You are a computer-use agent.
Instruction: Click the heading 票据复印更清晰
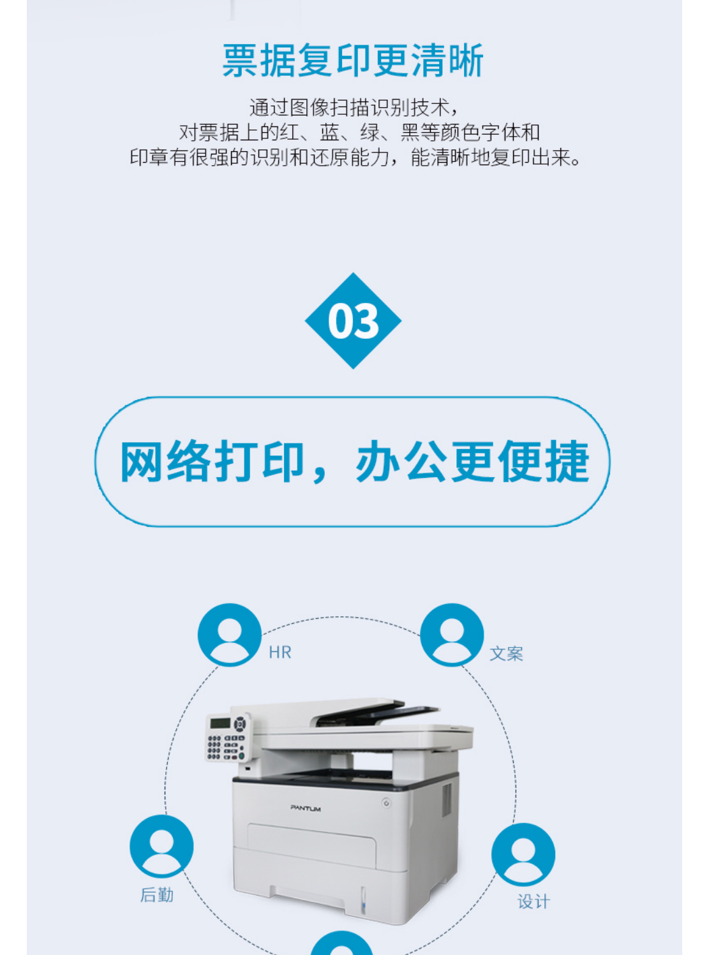[x=353, y=61]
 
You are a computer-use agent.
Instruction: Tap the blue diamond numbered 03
[x=353, y=321]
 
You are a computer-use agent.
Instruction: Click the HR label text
[x=280, y=653]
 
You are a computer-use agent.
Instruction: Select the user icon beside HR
[x=230, y=635]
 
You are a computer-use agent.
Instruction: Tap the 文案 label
[x=506, y=654]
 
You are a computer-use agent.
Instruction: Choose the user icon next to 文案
[x=452, y=635]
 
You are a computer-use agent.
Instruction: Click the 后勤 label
[x=157, y=895]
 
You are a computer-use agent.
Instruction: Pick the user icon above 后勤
[x=161, y=847]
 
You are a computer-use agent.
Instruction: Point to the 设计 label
[x=534, y=901]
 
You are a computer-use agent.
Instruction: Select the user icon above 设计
[x=523, y=855]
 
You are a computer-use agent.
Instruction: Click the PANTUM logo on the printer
[x=306, y=808]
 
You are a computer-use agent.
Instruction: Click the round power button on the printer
[x=386, y=803]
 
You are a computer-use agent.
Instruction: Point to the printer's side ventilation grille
[x=447, y=799]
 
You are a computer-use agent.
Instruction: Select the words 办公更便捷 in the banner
[x=472, y=462]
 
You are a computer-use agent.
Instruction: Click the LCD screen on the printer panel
[x=220, y=723]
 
